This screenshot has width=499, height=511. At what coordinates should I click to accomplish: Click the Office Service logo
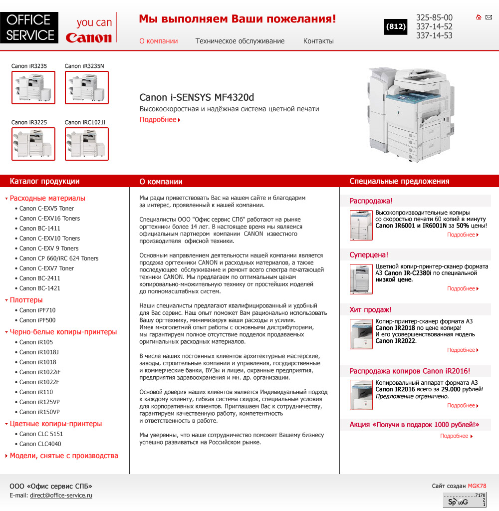(29, 27)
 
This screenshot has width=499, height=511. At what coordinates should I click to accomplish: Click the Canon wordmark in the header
(89, 38)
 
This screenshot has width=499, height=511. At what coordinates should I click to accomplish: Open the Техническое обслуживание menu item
(240, 41)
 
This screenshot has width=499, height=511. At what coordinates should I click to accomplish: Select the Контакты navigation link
(318, 41)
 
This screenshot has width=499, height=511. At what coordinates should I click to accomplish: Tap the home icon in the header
(479, 17)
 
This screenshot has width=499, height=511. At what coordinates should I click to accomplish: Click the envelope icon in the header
(489, 17)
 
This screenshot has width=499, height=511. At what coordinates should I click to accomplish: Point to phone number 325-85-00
(434, 17)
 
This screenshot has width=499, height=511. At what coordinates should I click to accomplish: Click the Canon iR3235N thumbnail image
(87, 87)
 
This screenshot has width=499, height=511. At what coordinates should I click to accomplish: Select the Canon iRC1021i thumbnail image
(87, 144)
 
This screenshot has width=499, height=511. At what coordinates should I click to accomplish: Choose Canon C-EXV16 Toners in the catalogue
(49, 218)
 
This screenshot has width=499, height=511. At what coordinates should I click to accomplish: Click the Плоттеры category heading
(26, 300)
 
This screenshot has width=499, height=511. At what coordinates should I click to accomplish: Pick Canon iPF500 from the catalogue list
(37, 320)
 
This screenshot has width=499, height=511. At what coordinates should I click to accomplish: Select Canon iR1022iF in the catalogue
(40, 372)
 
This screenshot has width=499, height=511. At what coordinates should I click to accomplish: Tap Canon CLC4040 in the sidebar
(40, 444)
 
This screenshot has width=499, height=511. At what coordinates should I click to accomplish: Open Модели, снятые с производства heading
(64, 456)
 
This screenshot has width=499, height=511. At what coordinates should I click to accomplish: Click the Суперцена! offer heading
(369, 255)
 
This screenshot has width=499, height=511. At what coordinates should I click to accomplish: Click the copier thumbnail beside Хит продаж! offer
(361, 334)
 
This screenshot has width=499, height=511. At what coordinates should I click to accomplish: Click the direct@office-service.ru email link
(61, 496)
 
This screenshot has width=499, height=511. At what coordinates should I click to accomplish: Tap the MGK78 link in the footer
(477, 486)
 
